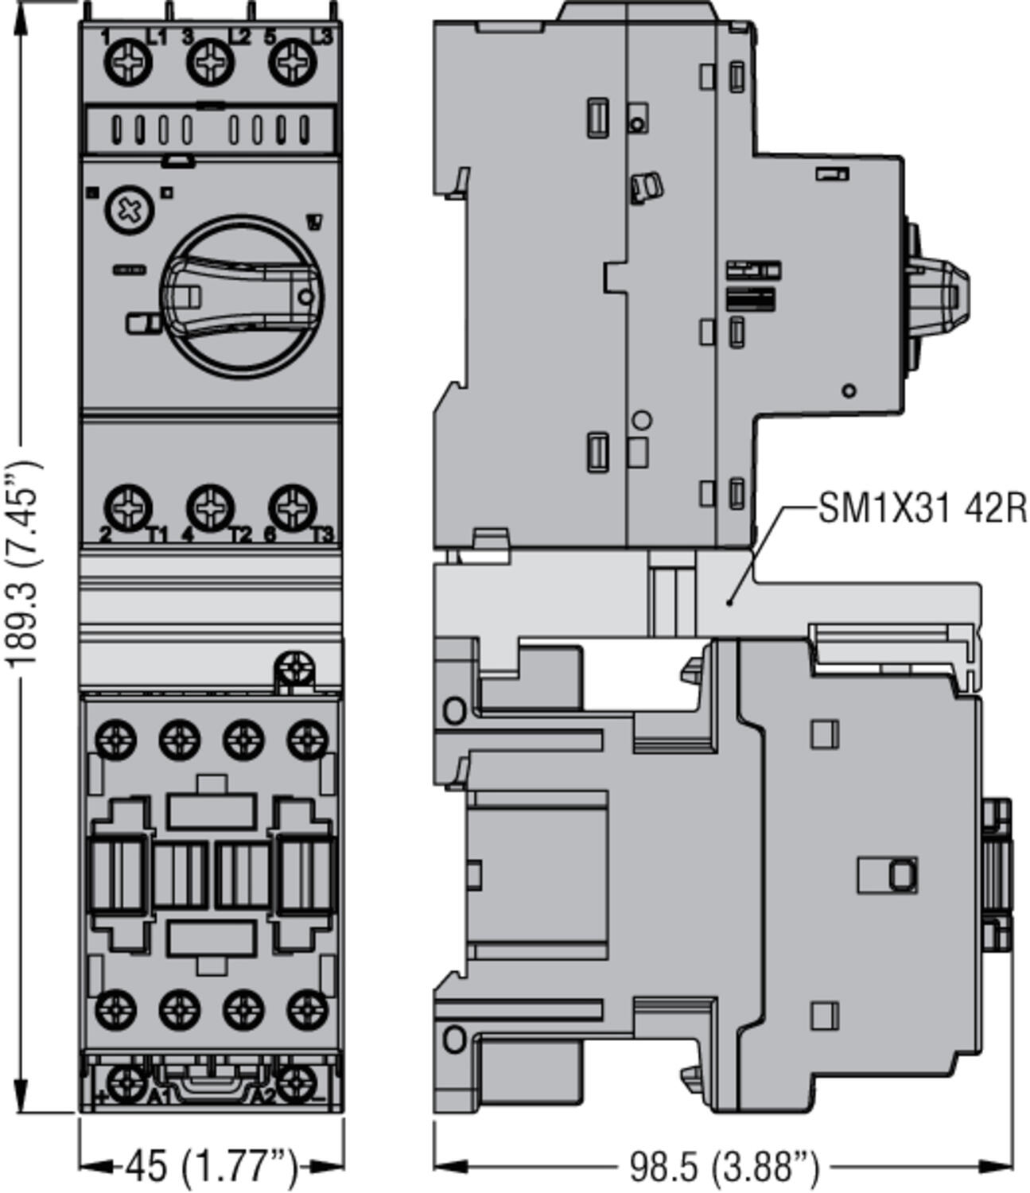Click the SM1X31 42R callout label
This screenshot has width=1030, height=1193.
[922, 508]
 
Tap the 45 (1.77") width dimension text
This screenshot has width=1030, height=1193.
[210, 1166]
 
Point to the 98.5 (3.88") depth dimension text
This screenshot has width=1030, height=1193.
[723, 1167]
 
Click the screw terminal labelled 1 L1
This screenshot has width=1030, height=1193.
[127, 61]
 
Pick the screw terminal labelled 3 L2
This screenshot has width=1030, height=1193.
[210, 61]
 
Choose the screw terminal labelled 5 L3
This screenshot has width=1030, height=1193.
[292, 61]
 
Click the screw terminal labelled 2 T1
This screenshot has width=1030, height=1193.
[127, 507]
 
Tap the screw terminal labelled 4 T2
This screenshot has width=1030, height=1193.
[210, 507]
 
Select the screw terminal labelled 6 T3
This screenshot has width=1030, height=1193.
[292, 507]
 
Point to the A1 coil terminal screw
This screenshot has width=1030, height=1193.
[127, 1082]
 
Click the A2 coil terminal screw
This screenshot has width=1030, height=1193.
[294, 1082]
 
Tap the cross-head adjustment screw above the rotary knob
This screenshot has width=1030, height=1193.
[127, 210]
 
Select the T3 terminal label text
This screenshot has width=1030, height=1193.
[322, 535]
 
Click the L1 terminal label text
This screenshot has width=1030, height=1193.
[157, 37]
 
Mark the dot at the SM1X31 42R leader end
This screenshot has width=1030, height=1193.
[729, 602]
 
